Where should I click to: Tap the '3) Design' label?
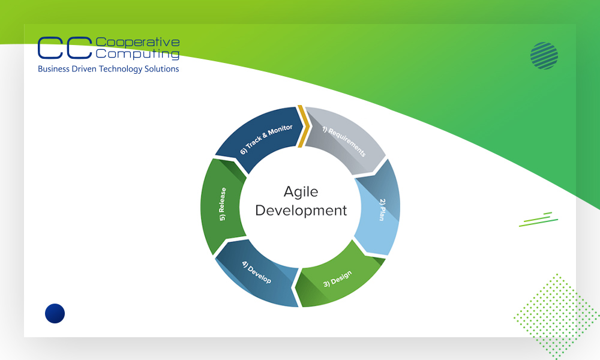pyautogui.click(x=337, y=279)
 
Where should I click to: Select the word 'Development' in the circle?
pyautogui.click(x=301, y=211)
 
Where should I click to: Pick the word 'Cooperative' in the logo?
pyautogui.click(x=137, y=42)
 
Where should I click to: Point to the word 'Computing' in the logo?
pyautogui.click(x=137, y=54)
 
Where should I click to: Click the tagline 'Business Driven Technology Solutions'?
pyautogui.click(x=108, y=69)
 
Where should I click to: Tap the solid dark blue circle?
pyautogui.click(x=55, y=313)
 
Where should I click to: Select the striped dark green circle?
pyautogui.click(x=544, y=56)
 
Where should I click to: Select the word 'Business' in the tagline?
pyautogui.click(x=52, y=69)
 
